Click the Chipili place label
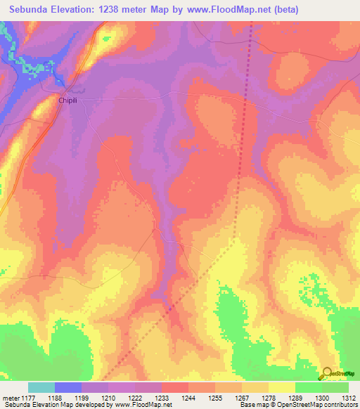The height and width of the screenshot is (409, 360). tap(67, 101)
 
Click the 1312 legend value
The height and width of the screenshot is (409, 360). tap(349, 397)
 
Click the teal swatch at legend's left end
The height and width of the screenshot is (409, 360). tap(41, 387)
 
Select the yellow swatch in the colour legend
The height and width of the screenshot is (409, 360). tap(282, 387)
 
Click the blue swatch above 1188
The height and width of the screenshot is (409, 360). tap(68, 387)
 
